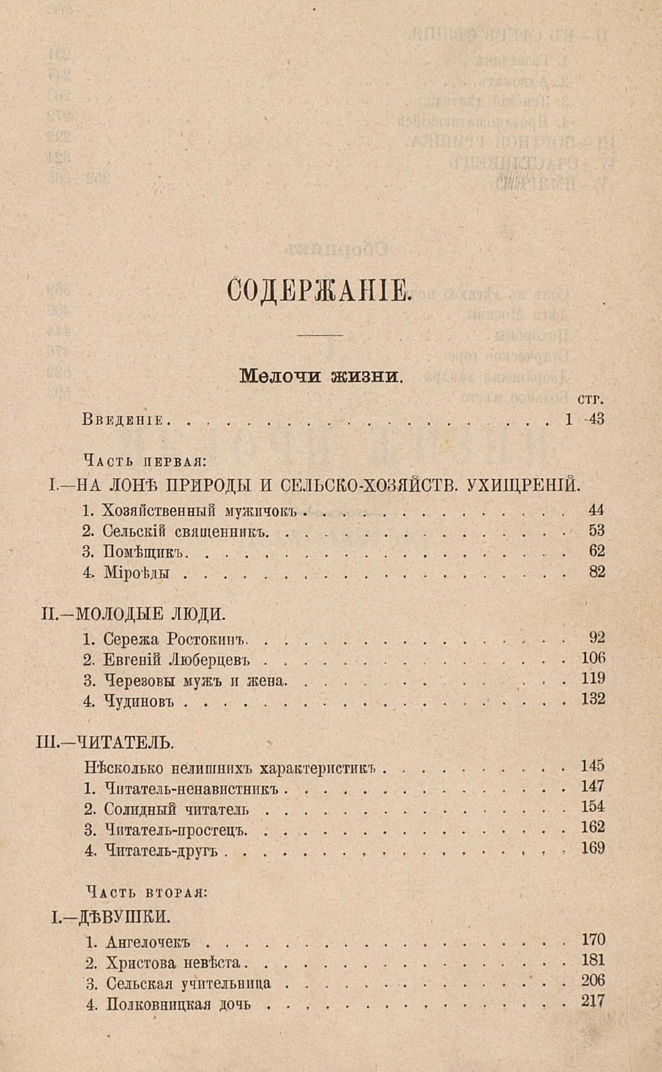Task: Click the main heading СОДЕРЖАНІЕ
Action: coord(319,290)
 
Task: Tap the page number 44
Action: coord(596,510)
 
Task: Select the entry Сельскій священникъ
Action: coord(185,531)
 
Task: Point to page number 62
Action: coord(596,551)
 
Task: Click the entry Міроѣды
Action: coord(136,572)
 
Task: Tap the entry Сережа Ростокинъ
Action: coord(173,639)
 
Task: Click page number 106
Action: coord(593,658)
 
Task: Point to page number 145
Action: coord(593,766)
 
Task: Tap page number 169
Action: coord(593,848)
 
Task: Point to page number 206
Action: coord(593,980)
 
